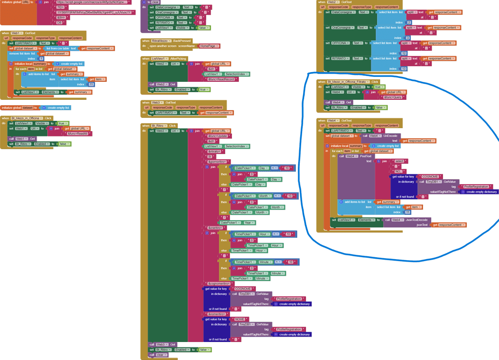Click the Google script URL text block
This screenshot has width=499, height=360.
pyautogui.click(x=91, y=2)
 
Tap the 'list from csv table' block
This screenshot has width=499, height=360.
pyautogui.click(x=61, y=48)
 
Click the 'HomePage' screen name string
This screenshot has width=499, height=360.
pyautogui.click(x=210, y=46)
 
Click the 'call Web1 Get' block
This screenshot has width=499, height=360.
pyautogui.click(x=21, y=139)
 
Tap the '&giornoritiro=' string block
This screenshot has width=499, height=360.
pyautogui.click(x=219, y=161)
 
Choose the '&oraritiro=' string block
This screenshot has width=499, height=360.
pyautogui.click(x=215, y=227)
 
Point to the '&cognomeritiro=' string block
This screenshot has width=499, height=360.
pyautogui.click(x=222, y=284)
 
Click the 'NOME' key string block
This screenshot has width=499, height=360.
pyautogui.click(x=242, y=319)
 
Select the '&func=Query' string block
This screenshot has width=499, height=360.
pyautogui.click(x=393, y=97)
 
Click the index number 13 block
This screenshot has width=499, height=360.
pyautogui.click(x=404, y=69)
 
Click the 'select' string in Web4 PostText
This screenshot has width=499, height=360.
pyautogui.click(x=399, y=161)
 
